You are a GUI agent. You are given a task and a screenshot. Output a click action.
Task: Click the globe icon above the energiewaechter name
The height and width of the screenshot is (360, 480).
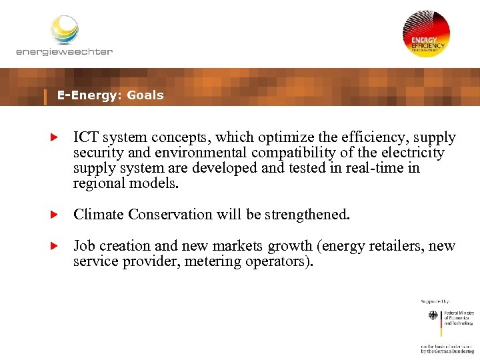pyautogui.click(x=65, y=29)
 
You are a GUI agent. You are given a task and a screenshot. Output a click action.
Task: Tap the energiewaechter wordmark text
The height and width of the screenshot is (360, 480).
pyautogui.click(x=65, y=51)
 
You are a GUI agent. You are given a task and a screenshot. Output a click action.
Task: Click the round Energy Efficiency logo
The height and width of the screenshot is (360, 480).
pyautogui.click(x=426, y=33)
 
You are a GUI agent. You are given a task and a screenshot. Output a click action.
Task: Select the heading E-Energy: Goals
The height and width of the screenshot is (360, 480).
pyautogui.click(x=110, y=95)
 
